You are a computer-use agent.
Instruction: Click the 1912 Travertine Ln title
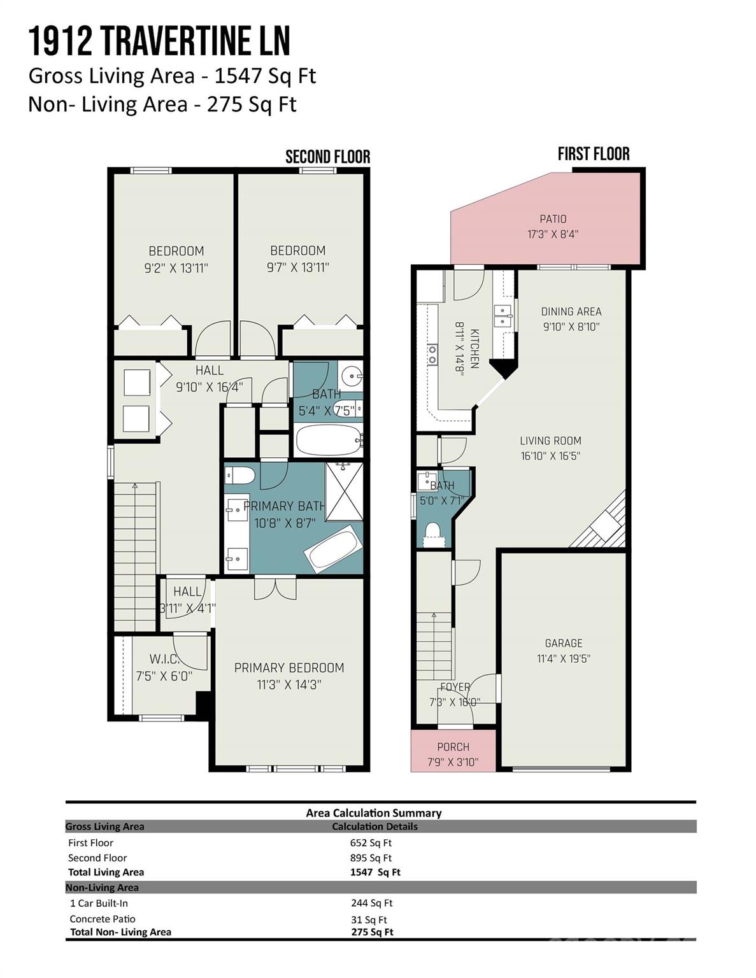click(x=159, y=42)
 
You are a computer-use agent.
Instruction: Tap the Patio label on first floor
click(x=553, y=219)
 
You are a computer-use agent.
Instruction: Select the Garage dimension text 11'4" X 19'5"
click(x=563, y=659)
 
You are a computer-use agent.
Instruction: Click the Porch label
click(x=453, y=747)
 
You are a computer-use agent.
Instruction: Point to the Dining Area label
click(x=571, y=311)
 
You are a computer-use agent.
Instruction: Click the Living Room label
click(x=550, y=441)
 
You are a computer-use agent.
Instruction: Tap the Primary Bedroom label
click(x=289, y=668)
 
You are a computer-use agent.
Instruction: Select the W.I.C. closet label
click(x=164, y=659)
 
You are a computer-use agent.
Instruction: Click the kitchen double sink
click(x=503, y=315)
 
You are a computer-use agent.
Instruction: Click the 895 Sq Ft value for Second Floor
click(x=371, y=858)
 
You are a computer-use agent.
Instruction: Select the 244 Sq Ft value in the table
click(x=371, y=903)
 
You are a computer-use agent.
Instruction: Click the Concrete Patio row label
click(x=103, y=919)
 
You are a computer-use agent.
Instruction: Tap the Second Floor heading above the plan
click(x=327, y=157)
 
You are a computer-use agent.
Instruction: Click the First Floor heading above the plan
click(x=593, y=154)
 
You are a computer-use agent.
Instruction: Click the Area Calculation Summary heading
click(x=373, y=813)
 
